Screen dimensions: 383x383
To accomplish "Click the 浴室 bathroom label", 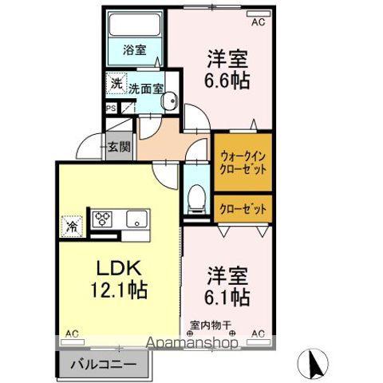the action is click(135, 49).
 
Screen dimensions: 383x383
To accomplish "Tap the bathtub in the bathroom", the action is click(135, 25).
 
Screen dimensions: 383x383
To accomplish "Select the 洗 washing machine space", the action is click(116, 84).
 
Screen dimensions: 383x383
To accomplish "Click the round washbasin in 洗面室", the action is click(169, 101).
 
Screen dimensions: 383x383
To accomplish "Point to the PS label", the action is click(111, 109).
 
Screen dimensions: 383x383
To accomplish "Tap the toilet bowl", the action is click(196, 197).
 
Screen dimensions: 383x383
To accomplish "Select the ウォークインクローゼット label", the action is click(243, 163).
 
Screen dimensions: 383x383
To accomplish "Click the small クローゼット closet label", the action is click(243, 209).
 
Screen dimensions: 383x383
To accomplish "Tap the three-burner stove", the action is click(102, 219).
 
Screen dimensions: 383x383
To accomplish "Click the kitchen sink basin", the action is click(136, 219).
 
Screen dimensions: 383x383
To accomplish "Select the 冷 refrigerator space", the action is click(72, 227).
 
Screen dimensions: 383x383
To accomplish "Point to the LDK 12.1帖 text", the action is click(119, 279).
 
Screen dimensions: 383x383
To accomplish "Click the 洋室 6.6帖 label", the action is click(227, 69).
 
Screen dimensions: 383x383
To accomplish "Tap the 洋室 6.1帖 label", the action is click(227, 286).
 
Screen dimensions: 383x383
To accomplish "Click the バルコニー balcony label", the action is click(104, 364).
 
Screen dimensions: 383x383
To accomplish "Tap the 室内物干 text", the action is click(210, 326).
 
